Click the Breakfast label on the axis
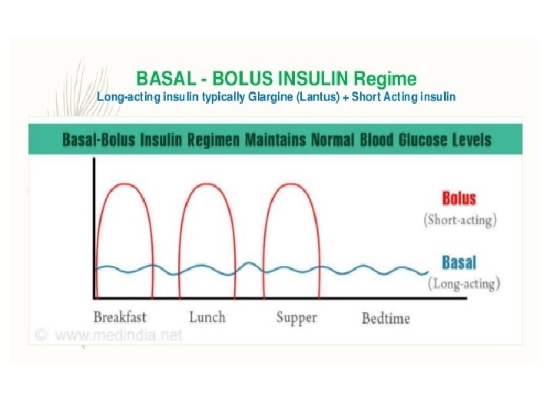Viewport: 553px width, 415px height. (120, 317)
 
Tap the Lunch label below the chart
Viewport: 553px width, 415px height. (207, 316)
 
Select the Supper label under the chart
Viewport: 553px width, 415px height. (297, 317)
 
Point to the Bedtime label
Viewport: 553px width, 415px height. (386, 317)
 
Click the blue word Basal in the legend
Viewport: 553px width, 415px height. (459, 263)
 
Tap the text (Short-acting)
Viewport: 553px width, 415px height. (460, 220)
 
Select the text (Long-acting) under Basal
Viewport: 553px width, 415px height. (463, 284)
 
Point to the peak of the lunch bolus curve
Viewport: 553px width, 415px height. (208, 184)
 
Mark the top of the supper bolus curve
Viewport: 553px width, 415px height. (295, 184)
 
